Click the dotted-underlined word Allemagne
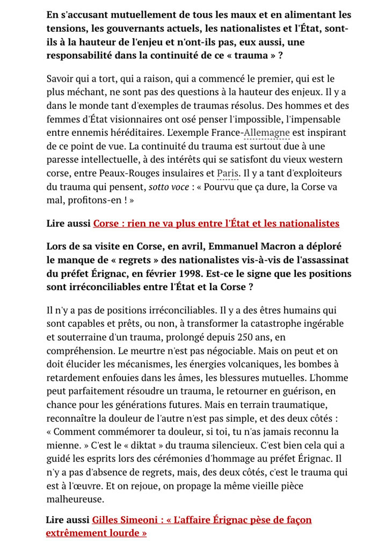pos(266,132)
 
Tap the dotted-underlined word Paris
pos(228,173)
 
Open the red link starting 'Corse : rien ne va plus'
pos(216,223)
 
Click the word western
pos(326,159)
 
